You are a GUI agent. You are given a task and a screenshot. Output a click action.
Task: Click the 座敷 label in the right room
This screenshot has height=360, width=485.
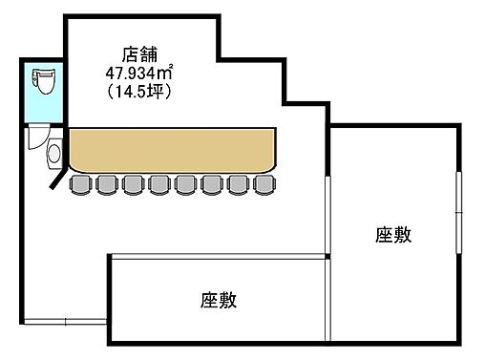[393, 235]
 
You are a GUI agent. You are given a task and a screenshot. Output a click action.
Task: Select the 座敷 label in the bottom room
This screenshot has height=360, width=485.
[219, 300]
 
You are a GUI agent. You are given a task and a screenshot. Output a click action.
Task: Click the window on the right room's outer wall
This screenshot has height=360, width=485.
[461, 205]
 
